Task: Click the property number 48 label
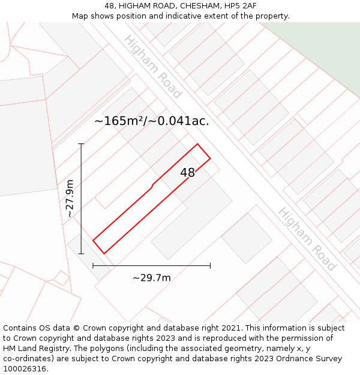click(x=188, y=173)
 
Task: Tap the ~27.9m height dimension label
click(x=70, y=199)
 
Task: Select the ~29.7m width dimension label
click(x=151, y=277)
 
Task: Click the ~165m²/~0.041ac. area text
click(x=152, y=121)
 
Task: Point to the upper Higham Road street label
click(x=152, y=67)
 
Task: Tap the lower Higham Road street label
click(x=306, y=239)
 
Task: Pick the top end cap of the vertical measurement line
click(x=81, y=144)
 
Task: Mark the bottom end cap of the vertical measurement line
click(x=81, y=254)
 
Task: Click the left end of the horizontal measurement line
click(x=93, y=265)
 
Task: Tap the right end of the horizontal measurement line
click(x=210, y=265)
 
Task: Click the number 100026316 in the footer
click(x=24, y=369)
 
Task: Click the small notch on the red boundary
click(x=153, y=186)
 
